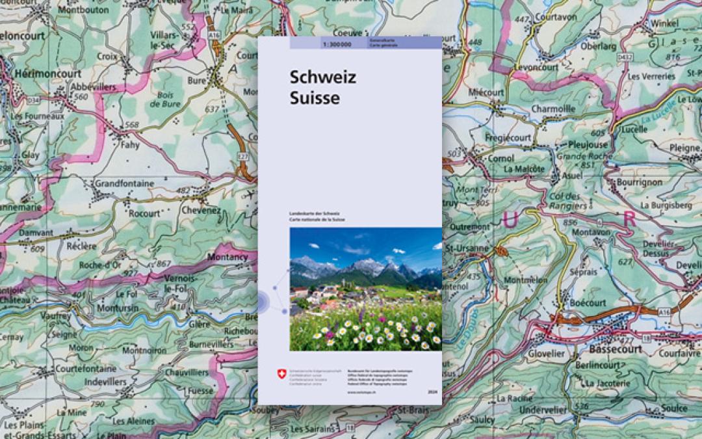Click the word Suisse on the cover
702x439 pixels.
(x=315, y=98)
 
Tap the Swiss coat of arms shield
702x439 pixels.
(x=281, y=373)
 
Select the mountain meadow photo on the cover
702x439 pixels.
(x=365, y=289)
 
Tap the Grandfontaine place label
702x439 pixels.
(x=124, y=183)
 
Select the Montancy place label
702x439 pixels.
(x=226, y=257)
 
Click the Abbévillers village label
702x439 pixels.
(x=92, y=86)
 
